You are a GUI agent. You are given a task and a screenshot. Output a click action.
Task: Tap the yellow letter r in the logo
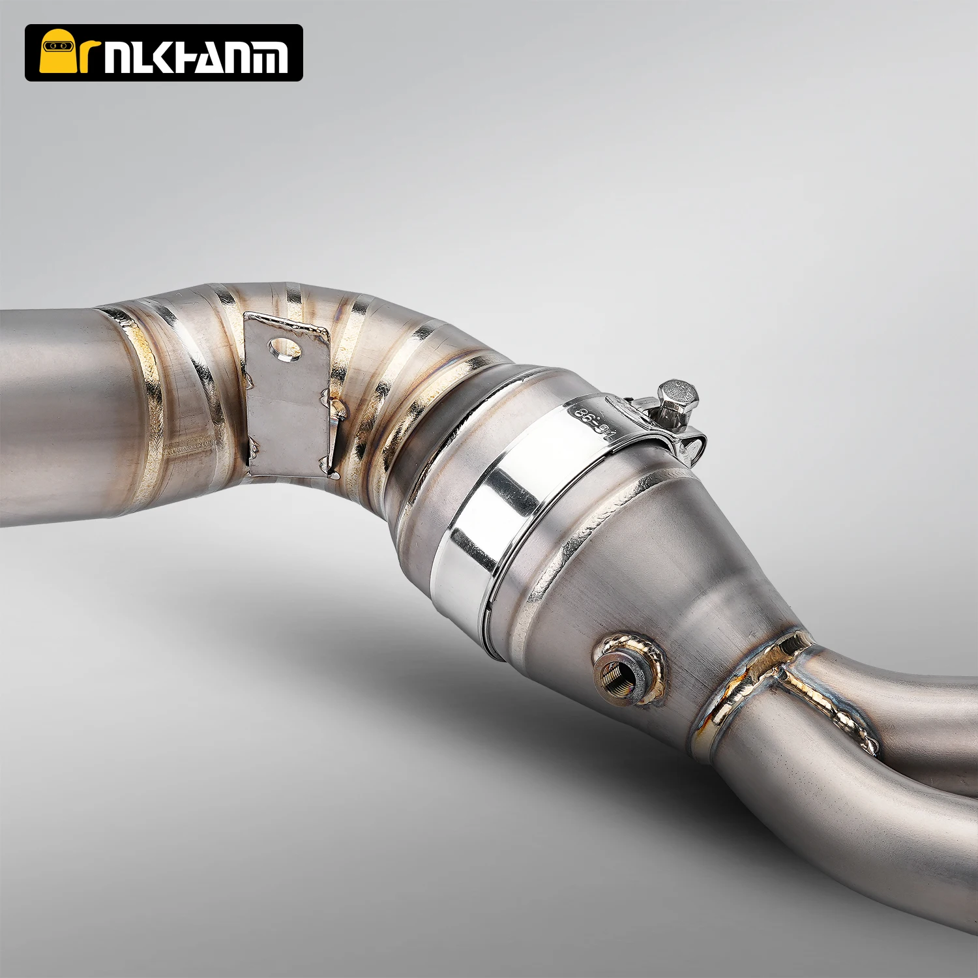[x=89, y=57]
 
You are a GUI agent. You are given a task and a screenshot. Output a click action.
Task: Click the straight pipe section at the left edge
[x=52, y=417]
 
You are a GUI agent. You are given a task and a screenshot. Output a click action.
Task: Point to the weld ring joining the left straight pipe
[x=140, y=404]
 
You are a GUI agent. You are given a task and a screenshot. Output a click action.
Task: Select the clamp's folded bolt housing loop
[x=691, y=443]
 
